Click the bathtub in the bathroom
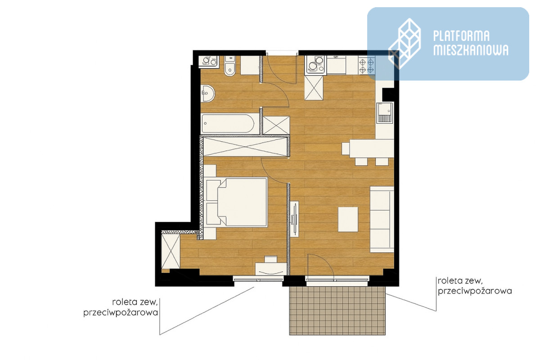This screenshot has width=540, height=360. (228, 123)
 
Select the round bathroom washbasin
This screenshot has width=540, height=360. (207, 93)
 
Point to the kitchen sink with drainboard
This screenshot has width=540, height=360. (385, 112)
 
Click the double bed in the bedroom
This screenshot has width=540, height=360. (236, 202)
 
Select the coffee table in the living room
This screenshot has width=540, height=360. (348, 219)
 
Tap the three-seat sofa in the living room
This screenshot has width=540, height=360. (382, 219)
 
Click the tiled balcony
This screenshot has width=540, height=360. (337, 310)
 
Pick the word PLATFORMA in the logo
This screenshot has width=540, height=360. (461, 36)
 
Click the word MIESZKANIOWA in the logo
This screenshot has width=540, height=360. (471, 50)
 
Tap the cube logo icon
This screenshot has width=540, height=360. (405, 44)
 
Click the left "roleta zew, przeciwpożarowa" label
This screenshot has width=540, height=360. (121, 307)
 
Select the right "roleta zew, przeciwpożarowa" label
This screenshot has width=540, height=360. (475, 286)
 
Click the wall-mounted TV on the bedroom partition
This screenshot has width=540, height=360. (294, 219)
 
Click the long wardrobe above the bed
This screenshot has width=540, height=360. (245, 147)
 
